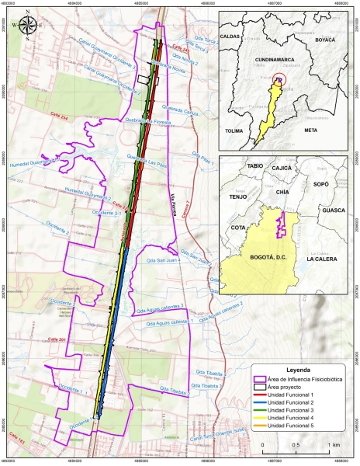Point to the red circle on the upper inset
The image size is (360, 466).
pyautogui.click(x=282, y=78)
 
